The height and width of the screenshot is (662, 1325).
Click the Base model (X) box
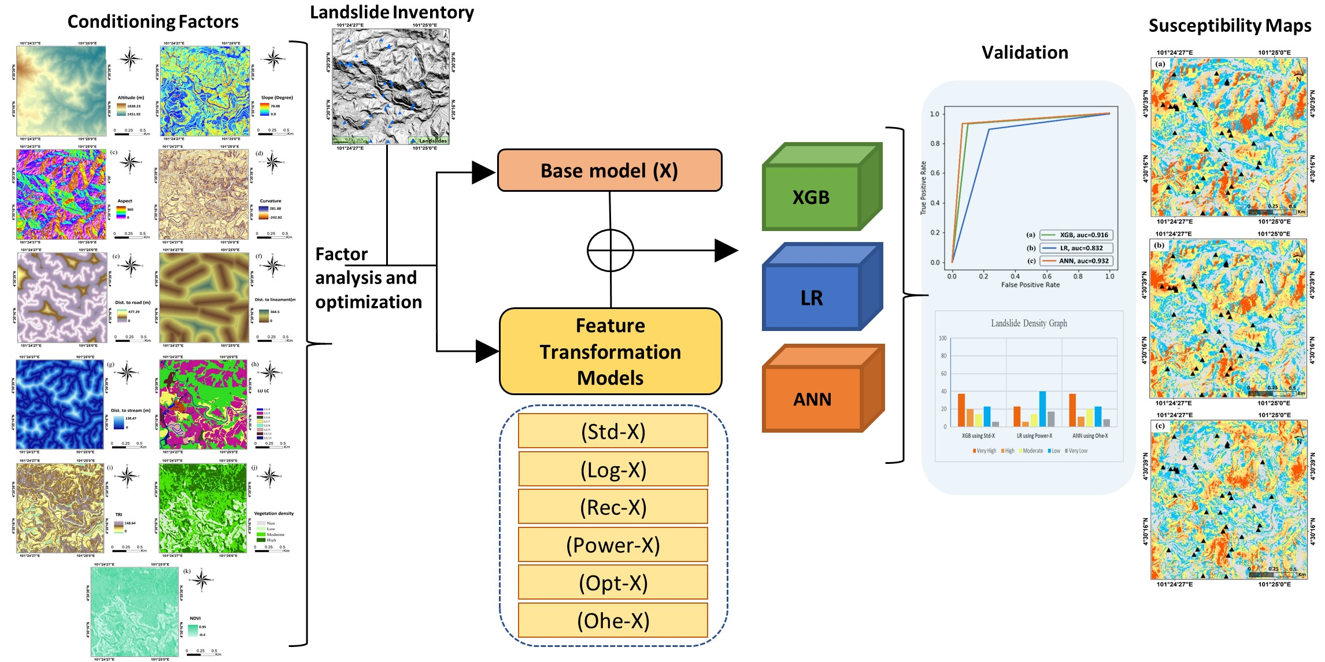609,170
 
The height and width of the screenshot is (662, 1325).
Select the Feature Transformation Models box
610,351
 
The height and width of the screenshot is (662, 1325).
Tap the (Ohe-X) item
613,620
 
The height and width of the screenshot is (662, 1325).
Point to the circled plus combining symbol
610,251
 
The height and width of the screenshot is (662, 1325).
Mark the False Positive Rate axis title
1030,285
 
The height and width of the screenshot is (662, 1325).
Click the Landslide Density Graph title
1029,323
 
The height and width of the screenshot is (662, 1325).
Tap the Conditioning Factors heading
153,22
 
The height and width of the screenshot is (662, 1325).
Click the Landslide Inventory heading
391,12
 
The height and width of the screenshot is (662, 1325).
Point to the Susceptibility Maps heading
1230,26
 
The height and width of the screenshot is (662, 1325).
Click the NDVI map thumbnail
134,611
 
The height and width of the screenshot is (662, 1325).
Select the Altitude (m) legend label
131,98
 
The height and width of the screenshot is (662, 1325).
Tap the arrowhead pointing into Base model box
483,172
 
